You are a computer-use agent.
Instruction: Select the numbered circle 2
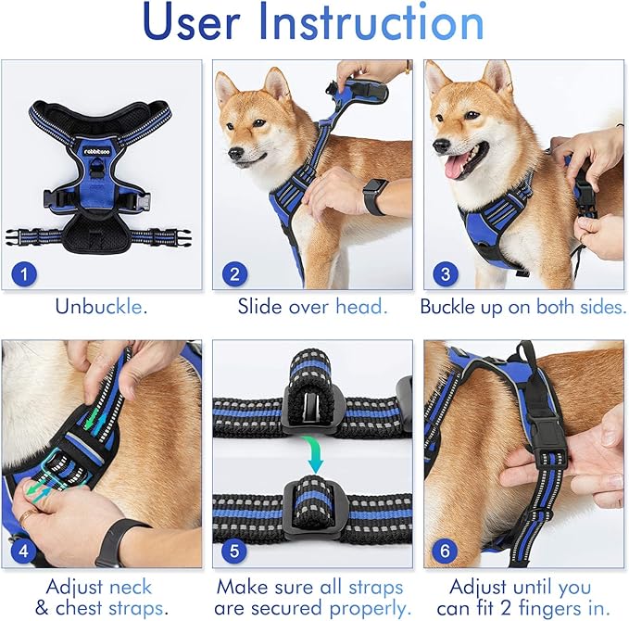(234, 273)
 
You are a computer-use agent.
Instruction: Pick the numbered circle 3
(446, 273)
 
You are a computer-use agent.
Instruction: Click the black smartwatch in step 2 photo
(375, 196)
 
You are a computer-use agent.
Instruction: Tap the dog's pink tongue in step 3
(457, 167)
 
